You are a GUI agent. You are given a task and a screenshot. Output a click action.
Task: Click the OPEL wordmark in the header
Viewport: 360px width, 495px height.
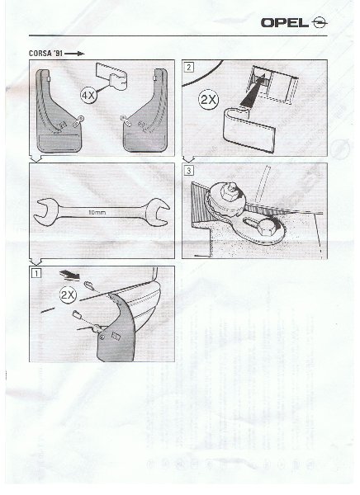(x=285, y=23)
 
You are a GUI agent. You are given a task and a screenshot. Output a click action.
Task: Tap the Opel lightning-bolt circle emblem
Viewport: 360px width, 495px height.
(x=320, y=23)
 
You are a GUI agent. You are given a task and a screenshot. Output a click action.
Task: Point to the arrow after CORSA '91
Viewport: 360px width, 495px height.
(x=74, y=54)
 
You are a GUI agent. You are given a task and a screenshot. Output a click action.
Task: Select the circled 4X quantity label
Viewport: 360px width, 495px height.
(x=88, y=95)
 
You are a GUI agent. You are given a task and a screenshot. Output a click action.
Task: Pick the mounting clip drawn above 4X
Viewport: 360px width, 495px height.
(x=112, y=76)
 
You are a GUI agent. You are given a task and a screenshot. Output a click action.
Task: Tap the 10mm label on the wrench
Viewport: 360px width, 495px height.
(x=97, y=213)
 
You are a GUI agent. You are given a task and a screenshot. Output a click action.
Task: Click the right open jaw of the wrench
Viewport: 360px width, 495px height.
(x=158, y=212)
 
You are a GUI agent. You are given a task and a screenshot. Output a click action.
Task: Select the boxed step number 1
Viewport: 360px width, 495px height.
(x=36, y=273)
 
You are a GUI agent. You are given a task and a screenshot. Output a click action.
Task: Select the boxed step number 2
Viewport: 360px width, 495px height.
(x=189, y=68)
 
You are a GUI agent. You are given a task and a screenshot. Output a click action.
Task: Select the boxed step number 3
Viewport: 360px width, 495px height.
(x=189, y=171)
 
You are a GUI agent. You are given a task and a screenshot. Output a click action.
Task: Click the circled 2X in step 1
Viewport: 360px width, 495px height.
(x=68, y=295)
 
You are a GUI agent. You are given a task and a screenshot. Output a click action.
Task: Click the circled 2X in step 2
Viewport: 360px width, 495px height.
(x=208, y=100)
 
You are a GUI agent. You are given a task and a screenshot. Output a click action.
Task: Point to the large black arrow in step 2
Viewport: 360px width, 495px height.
(x=252, y=92)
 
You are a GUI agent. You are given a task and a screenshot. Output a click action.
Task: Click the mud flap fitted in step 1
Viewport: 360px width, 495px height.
(x=117, y=328)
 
